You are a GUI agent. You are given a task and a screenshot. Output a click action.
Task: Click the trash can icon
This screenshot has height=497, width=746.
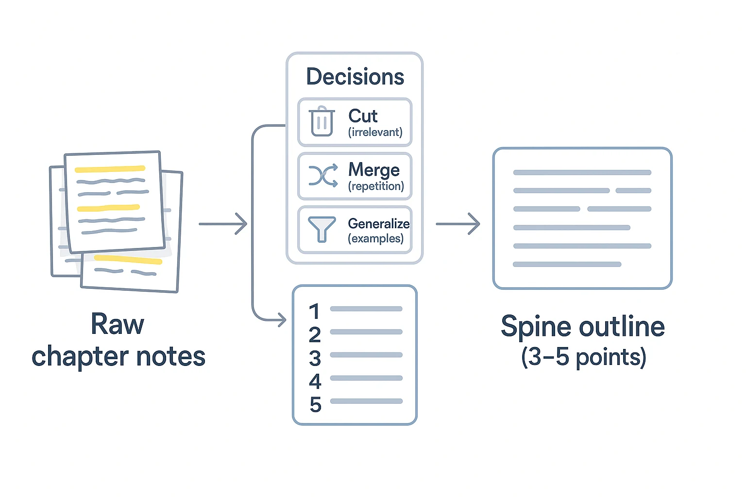tap(322, 121)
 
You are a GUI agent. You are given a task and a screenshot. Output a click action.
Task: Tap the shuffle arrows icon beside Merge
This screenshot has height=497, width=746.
tap(323, 175)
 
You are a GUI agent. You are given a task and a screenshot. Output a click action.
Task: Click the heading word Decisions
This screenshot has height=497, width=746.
tap(355, 77)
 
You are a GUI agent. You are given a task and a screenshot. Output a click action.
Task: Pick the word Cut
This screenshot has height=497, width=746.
tap(363, 116)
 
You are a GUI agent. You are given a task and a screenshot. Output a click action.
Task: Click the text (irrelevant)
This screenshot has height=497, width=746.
tap(375, 132)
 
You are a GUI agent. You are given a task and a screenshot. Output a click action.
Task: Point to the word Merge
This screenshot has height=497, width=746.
tap(373, 169)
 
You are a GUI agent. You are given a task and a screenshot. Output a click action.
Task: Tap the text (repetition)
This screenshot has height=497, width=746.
tap(376, 186)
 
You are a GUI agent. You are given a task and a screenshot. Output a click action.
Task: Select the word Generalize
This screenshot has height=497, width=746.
tap(378, 223)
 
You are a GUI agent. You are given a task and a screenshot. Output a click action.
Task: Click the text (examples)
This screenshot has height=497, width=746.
tap(375, 239)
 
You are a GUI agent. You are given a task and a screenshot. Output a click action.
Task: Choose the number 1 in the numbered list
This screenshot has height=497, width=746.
tap(314, 311)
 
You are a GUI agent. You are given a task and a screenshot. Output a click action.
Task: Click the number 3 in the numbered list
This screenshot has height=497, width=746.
tap(315, 358)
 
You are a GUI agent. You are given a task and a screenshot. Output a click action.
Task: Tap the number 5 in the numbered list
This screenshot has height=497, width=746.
tap(315, 404)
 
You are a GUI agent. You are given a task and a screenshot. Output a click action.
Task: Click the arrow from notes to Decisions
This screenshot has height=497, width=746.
tap(223, 224)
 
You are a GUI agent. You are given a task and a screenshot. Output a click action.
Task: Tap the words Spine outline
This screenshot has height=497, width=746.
tap(582, 326)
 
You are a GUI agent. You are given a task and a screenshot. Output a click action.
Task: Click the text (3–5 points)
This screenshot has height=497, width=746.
tap(583, 357)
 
